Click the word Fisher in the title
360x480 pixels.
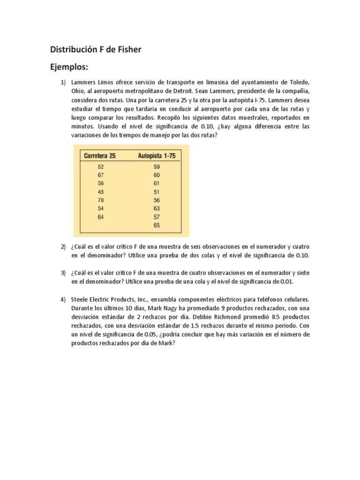(x=128, y=49)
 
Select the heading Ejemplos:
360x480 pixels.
(x=69, y=67)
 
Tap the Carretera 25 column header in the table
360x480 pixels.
(x=99, y=156)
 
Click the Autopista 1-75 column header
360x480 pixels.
(x=157, y=156)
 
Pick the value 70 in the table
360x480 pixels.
(x=101, y=200)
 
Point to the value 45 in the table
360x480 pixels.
(x=101, y=191)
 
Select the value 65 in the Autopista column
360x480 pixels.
(x=157, y=225)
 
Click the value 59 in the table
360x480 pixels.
(x=157, y=166)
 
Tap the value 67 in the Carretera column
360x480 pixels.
(x=101, y=175)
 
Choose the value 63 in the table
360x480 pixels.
(x=157, y=208)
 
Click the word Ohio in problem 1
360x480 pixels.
(x=78, y=91)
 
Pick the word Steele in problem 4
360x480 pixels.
(x=81, y=299)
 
